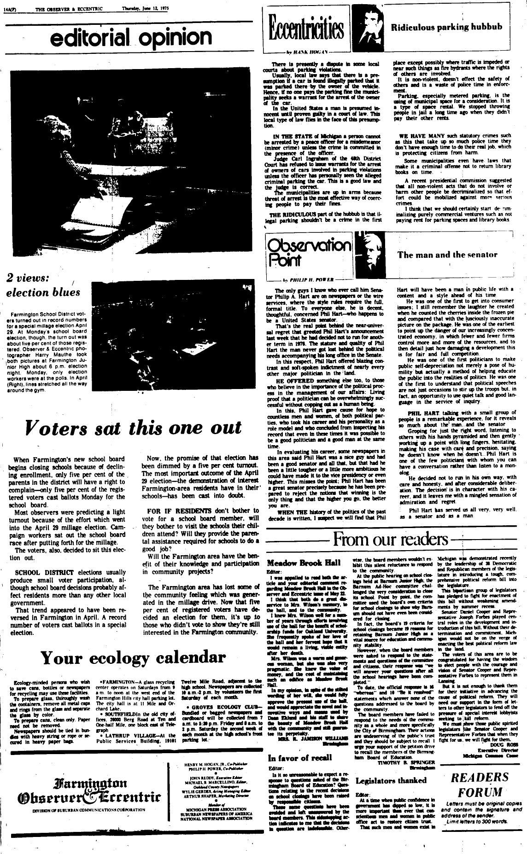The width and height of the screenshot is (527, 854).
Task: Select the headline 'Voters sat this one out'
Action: pyautogui.click(x=134, y=428)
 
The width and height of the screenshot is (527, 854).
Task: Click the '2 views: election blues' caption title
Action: pyautogui.click(x=43, y=285)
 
